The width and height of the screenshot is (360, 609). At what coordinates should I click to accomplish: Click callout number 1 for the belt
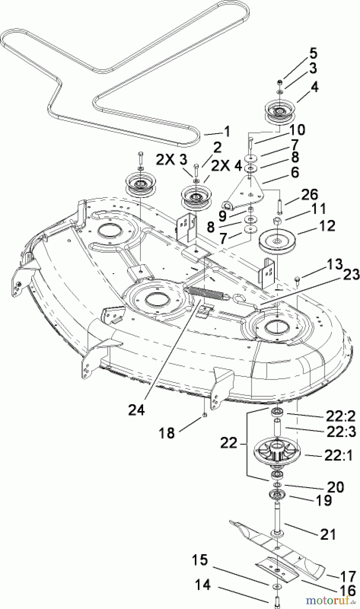tap(226, 132)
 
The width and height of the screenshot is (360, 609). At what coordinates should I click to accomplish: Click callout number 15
tap(200, 561)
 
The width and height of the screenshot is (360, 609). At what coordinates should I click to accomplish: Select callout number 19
tap(323, 501)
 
